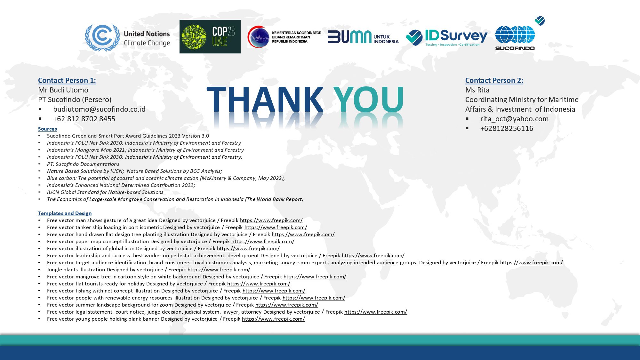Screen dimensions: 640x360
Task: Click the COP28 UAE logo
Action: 210,36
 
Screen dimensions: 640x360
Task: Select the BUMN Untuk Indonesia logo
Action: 363,37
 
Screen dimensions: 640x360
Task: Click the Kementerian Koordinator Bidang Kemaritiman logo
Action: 284,37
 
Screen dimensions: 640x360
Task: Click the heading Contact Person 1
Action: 67,80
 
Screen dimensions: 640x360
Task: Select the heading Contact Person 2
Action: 494,80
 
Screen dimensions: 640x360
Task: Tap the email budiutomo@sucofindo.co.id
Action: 99,109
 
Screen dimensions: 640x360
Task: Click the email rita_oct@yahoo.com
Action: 514,119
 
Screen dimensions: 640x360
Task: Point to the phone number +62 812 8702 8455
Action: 84,119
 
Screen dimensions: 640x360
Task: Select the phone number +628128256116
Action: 507,128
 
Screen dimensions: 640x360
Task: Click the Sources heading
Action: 47,129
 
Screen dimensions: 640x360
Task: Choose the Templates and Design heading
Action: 65,213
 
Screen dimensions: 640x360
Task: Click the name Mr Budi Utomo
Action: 63,90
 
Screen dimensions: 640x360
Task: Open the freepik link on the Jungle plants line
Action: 219,269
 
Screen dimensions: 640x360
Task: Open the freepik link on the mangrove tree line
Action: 315,276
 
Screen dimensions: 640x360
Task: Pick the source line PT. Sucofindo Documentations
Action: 83,164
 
